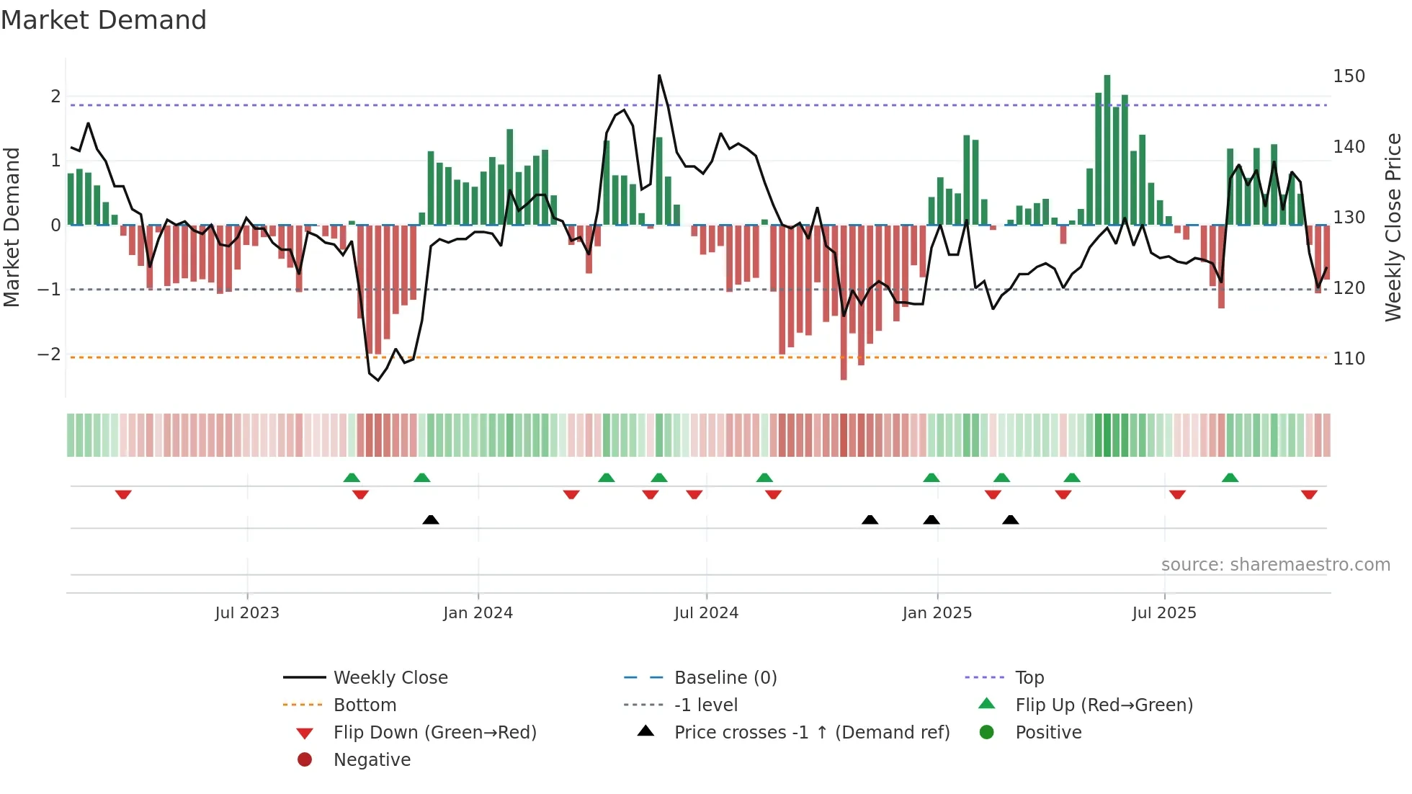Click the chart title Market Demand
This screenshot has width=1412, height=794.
click(x=104, y=20)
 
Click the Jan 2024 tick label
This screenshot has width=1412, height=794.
click(x=478, y=612)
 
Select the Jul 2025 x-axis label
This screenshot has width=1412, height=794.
click(x=1163, y=612)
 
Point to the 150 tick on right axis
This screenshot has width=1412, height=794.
click(x=1349, y=76)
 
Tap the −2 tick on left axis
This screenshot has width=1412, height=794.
click(x=49, y=354)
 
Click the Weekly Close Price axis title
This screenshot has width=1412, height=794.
click(x=1393, y=227)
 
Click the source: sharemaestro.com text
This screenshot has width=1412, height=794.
click(x=1275, y=564)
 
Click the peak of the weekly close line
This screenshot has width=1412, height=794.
click(x=659, y=76)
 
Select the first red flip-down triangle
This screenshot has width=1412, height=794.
click(x=123, y=494)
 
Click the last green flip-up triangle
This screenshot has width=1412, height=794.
click(x=1230, y=478)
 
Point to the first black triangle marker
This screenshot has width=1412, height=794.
click(x=431, y=519)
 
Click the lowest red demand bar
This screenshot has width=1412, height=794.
click(x=844, y=303)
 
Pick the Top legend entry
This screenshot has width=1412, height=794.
click(x=1029, y=677)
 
